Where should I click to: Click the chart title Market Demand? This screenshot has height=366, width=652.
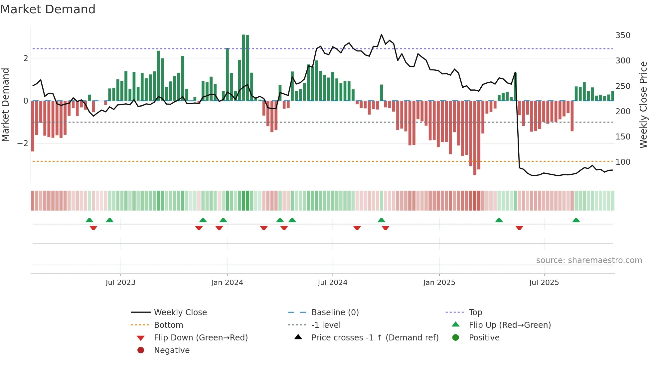[x=48, y=9]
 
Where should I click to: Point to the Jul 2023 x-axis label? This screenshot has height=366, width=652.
[x=120, y=283]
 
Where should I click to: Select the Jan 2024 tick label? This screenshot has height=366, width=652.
[x=227, y=283]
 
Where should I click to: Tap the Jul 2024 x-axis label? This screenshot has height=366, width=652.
[x=333, y=283]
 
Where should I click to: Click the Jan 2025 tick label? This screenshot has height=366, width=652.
[x=439, y=283]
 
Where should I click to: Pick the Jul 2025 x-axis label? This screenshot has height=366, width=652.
[x=544, y=283]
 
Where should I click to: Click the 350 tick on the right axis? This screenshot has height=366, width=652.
[x=623, y=36]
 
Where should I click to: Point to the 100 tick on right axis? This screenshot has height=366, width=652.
[x=623, y=162]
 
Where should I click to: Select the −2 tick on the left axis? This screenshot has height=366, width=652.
[x=23, y=143]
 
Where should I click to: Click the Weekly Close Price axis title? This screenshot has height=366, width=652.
[x=643, y=105]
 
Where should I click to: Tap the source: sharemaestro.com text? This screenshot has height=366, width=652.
[x=589, y=260]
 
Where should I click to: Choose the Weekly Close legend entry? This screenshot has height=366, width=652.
[x=180, y=313]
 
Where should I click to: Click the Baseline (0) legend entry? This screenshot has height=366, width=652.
[x=335, y=313]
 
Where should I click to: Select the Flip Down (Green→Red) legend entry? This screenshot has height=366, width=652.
[x=201, y=338]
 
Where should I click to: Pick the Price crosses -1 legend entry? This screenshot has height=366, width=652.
[x=375, y=338]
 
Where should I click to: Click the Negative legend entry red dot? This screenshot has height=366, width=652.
[x=141, y=350]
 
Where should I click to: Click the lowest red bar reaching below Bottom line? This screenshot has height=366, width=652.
[x=475, y=138]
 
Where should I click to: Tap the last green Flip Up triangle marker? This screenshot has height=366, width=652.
[x=576, y=220]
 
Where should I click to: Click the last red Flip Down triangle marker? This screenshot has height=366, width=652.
[x=519, y=228]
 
